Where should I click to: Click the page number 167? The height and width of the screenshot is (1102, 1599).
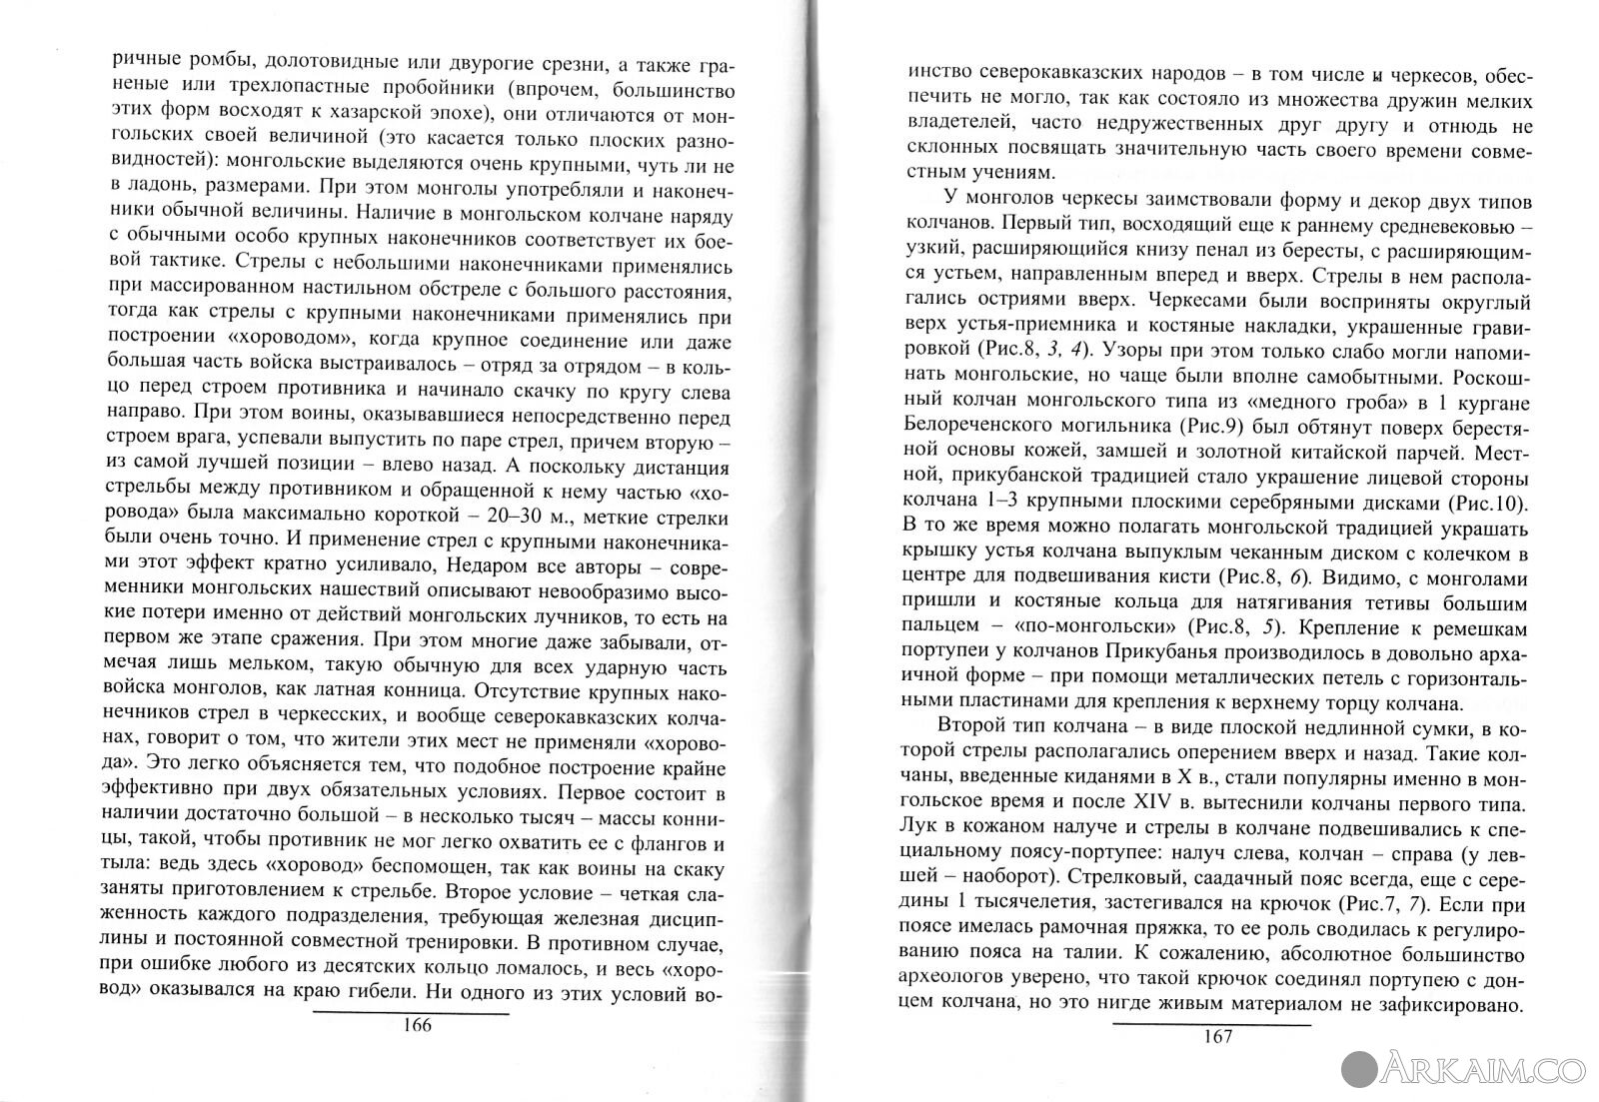coord(1211,1036)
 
